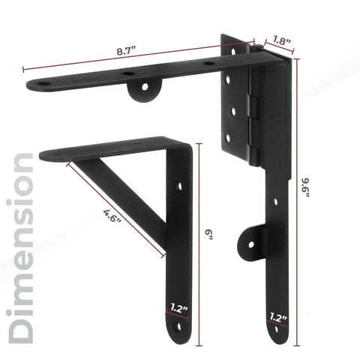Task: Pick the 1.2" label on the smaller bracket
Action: click(178, 307)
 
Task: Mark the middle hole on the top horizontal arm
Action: click(129, 73)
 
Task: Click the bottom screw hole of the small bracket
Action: click(178, 328)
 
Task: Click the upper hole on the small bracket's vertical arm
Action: click(178, 184)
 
